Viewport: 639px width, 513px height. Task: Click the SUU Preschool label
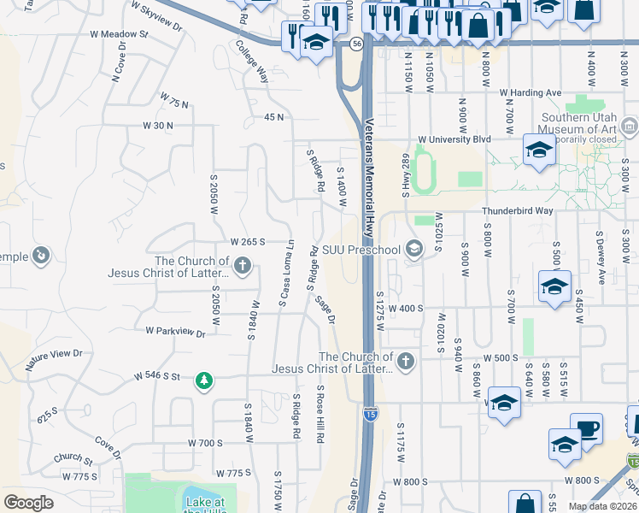361,250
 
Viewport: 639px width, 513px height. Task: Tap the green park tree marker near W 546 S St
203,379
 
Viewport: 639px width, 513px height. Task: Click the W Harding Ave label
531,92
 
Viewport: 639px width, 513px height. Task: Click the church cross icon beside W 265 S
243,265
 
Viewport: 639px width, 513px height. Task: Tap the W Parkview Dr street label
175,331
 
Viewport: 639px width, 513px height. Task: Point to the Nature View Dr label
53,358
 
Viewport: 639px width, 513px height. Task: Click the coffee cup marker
586,428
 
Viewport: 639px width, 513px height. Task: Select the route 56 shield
356,42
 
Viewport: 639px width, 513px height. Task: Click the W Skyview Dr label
156,15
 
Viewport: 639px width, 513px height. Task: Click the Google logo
28,503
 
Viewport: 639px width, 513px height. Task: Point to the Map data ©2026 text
602,506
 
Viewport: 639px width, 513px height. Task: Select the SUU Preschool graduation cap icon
414,250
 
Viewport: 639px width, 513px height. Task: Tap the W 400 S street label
406,308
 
